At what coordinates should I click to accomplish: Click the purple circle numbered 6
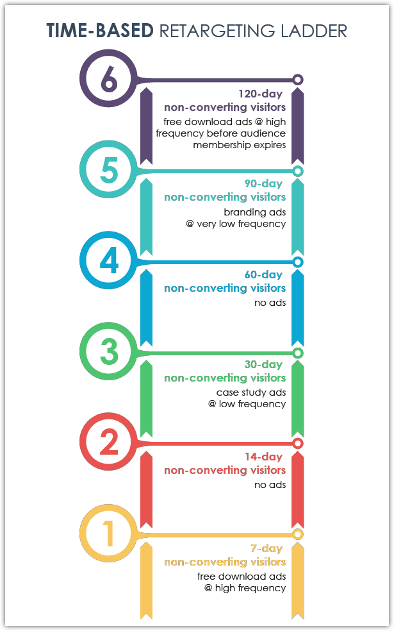pyautogui.click(x=108, y=78)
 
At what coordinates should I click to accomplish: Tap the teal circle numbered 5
pyautogui.click(x=108, y=169)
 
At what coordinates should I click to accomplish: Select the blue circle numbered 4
pyautogui.click(x=108, y=260)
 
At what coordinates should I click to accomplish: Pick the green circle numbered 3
pyautogui.click(x=108, y=351)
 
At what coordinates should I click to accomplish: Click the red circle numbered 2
pyautogui.click(x=108, y=442)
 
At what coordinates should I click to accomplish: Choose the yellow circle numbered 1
pyautogui.click(x=108, y=533)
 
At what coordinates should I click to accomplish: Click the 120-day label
pyautogui.click(x=260, y=94)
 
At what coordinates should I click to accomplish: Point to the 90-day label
pyautogui.click(x=263, y=183)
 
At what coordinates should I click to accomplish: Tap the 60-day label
pyautogui.click(x=263, y=274)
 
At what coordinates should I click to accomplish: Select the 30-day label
pyautogui.click(x=263, y=364)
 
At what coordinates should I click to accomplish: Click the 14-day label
pyautogui.click(x=263, y=457)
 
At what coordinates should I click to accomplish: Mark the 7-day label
pyautogui.click(x=267, y=548)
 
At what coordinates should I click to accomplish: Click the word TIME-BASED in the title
pyautogui.click(x=100, y=30)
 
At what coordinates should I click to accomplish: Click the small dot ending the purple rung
pyautogui.click(x=297, y=80)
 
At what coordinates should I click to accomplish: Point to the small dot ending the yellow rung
pyautogui.click(x=297, y=534)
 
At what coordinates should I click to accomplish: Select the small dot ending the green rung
pyautogui.click(x=297, y=353)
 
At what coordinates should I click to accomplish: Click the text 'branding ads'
pyautogui.click(x=254, y=212)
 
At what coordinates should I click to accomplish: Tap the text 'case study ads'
pyautogui.click(x=251, y=392)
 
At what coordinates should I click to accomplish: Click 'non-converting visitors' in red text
pyautogui.click(x=225, y=470)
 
